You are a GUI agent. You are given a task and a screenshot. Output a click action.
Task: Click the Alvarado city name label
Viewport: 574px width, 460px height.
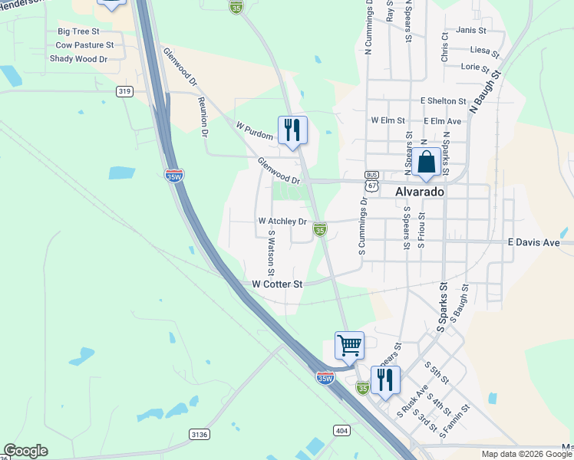tap(420, 192)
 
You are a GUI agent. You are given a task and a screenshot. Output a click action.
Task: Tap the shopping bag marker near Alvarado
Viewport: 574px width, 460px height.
tap(426, 163)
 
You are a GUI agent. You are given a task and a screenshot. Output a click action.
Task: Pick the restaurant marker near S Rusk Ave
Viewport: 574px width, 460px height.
tap(385, 379)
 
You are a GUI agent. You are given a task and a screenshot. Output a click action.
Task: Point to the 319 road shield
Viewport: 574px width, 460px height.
tap(125, 91)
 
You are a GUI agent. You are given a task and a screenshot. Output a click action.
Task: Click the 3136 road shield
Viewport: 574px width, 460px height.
tap(199, 435)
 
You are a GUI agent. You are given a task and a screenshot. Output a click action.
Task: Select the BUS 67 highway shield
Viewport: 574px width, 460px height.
tap(371, 180)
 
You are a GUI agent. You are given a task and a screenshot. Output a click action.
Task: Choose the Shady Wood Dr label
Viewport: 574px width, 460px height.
tap(78, 58)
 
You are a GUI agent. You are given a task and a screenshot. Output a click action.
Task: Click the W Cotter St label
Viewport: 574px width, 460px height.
tap(278, 284)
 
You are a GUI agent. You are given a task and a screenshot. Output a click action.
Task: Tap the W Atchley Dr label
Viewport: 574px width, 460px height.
tap(282, 222)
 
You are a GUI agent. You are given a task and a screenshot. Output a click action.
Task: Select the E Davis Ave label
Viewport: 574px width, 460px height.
tap(540, 242)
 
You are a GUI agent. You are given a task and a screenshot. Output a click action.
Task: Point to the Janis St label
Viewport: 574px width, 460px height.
tap(471, 30)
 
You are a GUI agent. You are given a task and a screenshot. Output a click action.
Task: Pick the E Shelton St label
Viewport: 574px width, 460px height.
tap(443, 100)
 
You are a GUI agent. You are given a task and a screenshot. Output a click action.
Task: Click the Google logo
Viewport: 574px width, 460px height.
tap(25, 451)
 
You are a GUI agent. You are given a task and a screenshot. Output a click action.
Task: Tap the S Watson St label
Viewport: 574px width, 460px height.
tap(271, 254)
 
